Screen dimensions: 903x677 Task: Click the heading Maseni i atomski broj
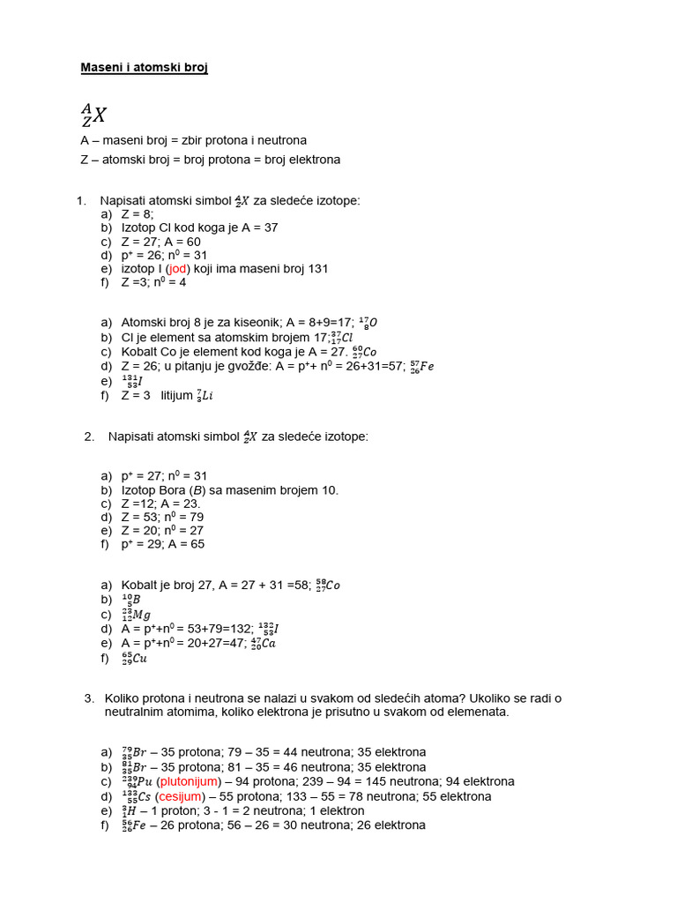[x=144, y=68]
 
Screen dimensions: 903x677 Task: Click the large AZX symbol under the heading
[x=93, y=114]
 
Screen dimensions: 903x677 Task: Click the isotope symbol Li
[x=205, y=396]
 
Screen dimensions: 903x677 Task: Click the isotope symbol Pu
[x=137, y=781]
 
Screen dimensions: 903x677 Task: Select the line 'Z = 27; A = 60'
[x=160, y=242]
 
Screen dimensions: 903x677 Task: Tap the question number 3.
[x=89, y=698]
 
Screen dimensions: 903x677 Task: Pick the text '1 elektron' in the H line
[x=335, y=810]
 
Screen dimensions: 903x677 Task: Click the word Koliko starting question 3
[x=123, y=698]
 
